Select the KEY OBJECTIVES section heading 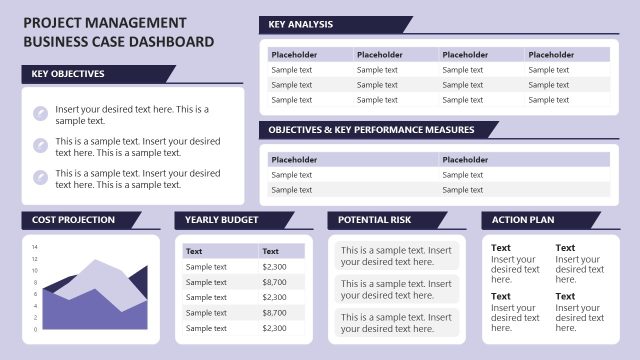[68, 73]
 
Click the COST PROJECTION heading [74, 219]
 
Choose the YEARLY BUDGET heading [221, 219]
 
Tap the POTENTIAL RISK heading [374, 219]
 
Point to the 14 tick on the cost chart [34, 247]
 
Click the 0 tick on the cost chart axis [35, 329]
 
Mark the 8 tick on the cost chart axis [35, 282]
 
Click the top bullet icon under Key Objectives [40, 113]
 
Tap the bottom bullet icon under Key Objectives [40, 178]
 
